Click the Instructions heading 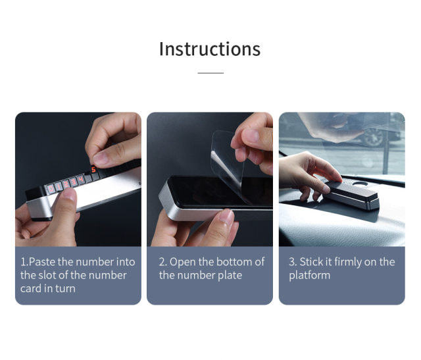[210, 49]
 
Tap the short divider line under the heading [210, 72]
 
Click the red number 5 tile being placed [93, 170]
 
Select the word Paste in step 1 [42, 262]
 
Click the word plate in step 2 [230, 276]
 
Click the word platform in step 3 [310, 276]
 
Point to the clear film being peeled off [228, 161]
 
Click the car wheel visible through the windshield [374, 137]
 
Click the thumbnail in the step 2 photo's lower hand [226, 217]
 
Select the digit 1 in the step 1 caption [24, 262]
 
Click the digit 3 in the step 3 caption [292, 262]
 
